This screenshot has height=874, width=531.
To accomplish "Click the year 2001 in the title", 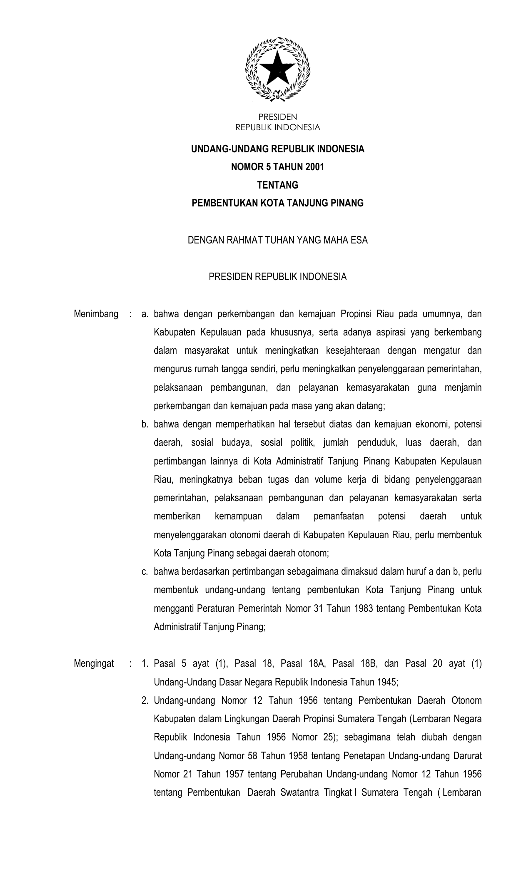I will pyautogui.click(x=314, y=167).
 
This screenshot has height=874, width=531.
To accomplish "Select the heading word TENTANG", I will pyautogui.click(x=277, y=185).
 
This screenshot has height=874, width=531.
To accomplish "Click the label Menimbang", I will pyautogui.click(x=96, y=314).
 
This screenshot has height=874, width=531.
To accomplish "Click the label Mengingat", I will pyautogui.click(x=94, y=663).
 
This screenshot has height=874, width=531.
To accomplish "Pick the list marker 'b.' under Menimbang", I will pyautogui.click(x=145, y=425).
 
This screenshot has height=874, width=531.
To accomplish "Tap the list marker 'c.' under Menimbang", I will pyautogui.click(x=145, y=571).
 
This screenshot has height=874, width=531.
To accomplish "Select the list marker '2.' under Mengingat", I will pyautogui.click(x=145, y=700).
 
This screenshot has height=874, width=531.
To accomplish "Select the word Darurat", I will pyautogui.click(x=468, y=756).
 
